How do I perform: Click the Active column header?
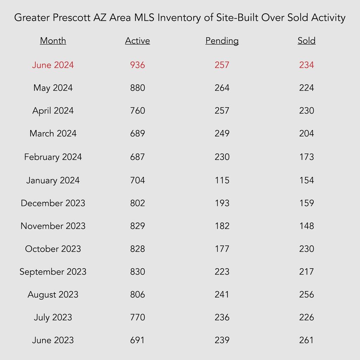(x=137, y=41)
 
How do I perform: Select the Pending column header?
(x=222, y=41)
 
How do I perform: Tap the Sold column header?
(x=307, y=41)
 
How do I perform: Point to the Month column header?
(x=53, y=41)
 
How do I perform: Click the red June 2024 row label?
(x=53, y=65)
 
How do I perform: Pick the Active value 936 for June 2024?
(x=137, y=65)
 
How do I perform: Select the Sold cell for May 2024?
(x=307, y=88)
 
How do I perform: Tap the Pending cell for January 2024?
(x=222, y=180)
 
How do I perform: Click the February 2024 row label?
(x=53, y=157)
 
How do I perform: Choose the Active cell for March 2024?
(x=137, y=133)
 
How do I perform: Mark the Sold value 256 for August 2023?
(x=307, y=294)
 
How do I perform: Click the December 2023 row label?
(x=53, y=203)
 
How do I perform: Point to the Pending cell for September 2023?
(x=222, y=272)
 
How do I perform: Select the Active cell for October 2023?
(x=137, y=249)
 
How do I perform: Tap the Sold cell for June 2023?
(x=307, y=340)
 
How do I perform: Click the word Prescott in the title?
(x=72, y=18)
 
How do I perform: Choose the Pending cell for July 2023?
(x=222, y=317)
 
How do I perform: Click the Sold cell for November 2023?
(x=307, y=226)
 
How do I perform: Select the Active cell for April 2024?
(x=137, y=111)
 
